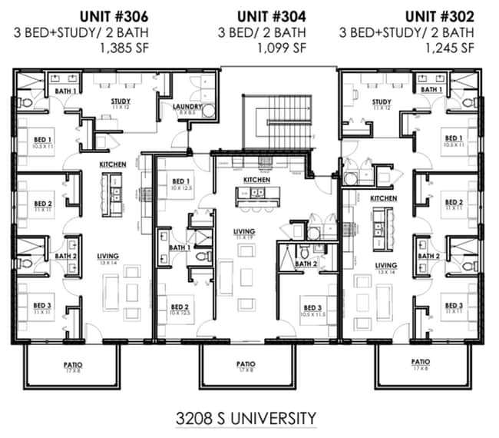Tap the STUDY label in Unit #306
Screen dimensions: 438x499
coord(120,101)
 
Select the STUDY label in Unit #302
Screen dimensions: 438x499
coord(382,101)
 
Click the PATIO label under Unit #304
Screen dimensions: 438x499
coord(246,364)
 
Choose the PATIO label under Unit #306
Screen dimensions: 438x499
coord(74,364)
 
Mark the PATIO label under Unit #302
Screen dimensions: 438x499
coord(420,361)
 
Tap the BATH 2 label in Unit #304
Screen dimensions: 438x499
coord(305,264)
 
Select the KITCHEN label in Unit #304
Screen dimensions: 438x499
coord(256,179)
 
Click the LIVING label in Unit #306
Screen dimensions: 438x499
coord(107,257)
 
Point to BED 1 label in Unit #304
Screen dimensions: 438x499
coord(182,181)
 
